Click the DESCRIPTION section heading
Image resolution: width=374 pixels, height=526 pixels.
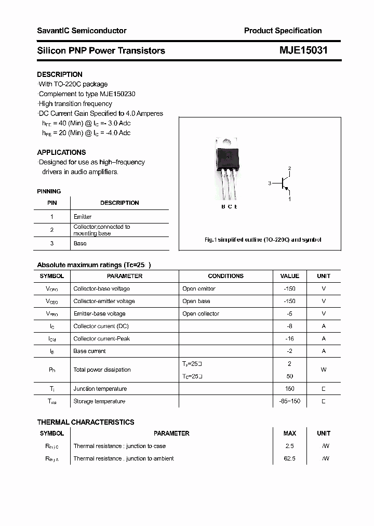(x=60, y=74)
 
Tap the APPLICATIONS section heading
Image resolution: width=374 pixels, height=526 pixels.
(x=61, y=152)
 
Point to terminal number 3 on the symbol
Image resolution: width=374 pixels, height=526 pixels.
(x=270, y=183)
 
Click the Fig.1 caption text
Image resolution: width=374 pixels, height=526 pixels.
(x=263, y=240)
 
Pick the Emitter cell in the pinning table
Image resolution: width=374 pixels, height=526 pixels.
(x=83, y=217)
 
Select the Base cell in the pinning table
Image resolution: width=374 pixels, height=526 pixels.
(x=80, y=243)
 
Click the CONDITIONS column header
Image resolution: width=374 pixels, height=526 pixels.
(x=225, y=276)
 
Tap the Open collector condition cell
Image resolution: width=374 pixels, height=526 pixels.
(x=201, y=313)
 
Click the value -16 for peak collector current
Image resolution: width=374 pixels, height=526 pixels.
(x=289, y=338)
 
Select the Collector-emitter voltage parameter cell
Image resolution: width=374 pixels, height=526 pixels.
(x=104, y=301)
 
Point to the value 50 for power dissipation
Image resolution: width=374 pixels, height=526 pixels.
(x=289, y=376)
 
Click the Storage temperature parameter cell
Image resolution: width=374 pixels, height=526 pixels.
(x=99, y=401)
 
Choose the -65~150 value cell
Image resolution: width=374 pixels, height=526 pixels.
(x=289, y=401)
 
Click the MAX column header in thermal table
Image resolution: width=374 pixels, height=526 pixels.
(x=289, y=433)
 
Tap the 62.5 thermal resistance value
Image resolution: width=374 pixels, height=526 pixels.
(x=289, y=458)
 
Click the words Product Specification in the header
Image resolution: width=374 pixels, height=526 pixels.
(x=283, y=31)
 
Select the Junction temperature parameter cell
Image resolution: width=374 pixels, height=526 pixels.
(x=100, y=389)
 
